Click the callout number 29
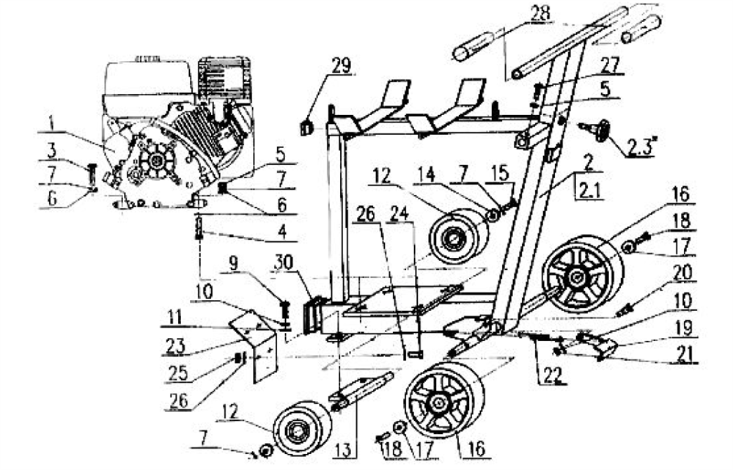coord(339,65)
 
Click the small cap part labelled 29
coord(306,127)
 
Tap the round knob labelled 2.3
coord(604,132)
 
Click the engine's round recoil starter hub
coord(155,162)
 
